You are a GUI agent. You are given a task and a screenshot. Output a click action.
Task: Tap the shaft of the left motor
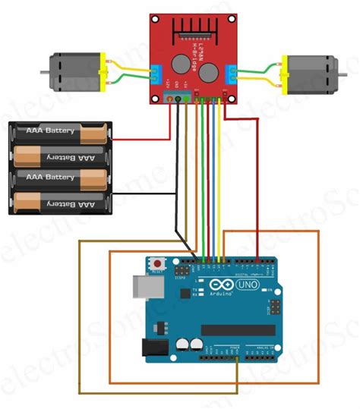(42, 74)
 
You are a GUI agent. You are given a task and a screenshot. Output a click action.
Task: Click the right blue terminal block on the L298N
(230, 73)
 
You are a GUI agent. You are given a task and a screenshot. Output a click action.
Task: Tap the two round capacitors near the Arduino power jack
(190, 344)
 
